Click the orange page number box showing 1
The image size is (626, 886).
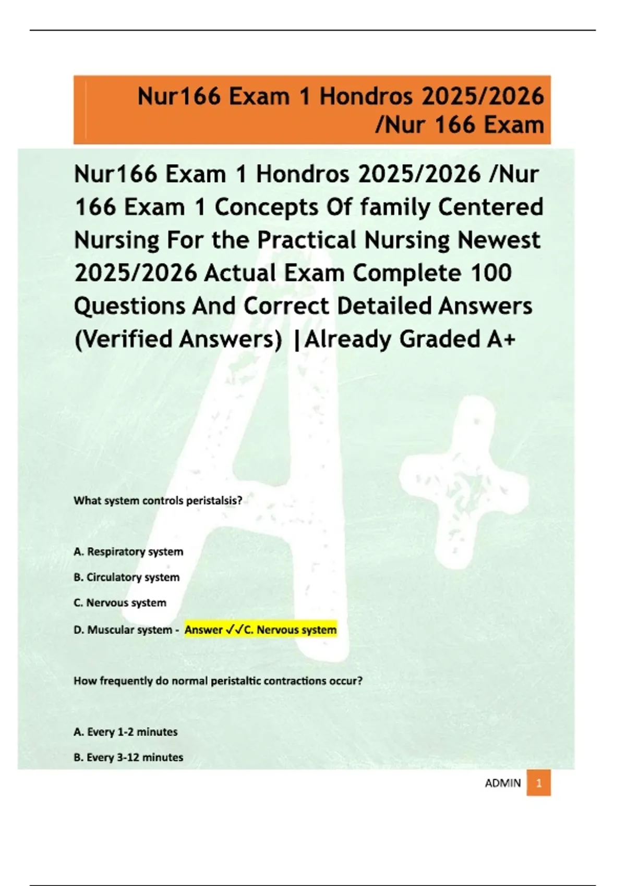tap(538, 783)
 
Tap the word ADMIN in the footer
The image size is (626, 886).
tap(503, 783)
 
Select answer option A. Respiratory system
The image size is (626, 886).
tap(128, 551)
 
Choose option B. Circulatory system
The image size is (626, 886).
tap(127, 577)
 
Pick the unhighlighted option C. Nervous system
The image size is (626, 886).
tap(120, 602)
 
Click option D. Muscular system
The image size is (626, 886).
tap(123, 630)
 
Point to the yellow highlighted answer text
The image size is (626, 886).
tap(260, 630)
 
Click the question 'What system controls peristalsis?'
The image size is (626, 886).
tap(158, 501)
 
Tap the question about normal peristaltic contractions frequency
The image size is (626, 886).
tap(218, 681)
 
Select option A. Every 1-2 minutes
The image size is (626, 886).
tap(126, 732)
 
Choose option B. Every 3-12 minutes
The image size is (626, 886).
tap(128, 757)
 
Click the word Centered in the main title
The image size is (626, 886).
tap(490, 207)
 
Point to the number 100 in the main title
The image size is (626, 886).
tap(491, 273)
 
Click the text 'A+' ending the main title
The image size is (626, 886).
tap(501, 339)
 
